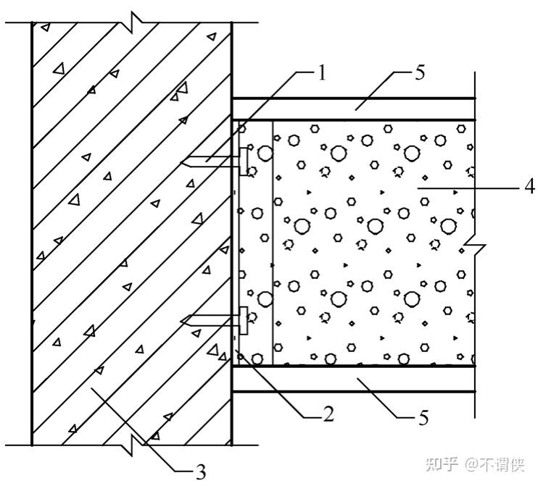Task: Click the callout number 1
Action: pos(322,72)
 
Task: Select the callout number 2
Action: pos(328,414)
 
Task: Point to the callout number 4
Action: pos(530,185)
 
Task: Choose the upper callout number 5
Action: pos(421,73)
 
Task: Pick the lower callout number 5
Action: pos(423,418)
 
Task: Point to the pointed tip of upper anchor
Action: pos(181,162)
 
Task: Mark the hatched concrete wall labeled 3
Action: pos(131,232)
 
